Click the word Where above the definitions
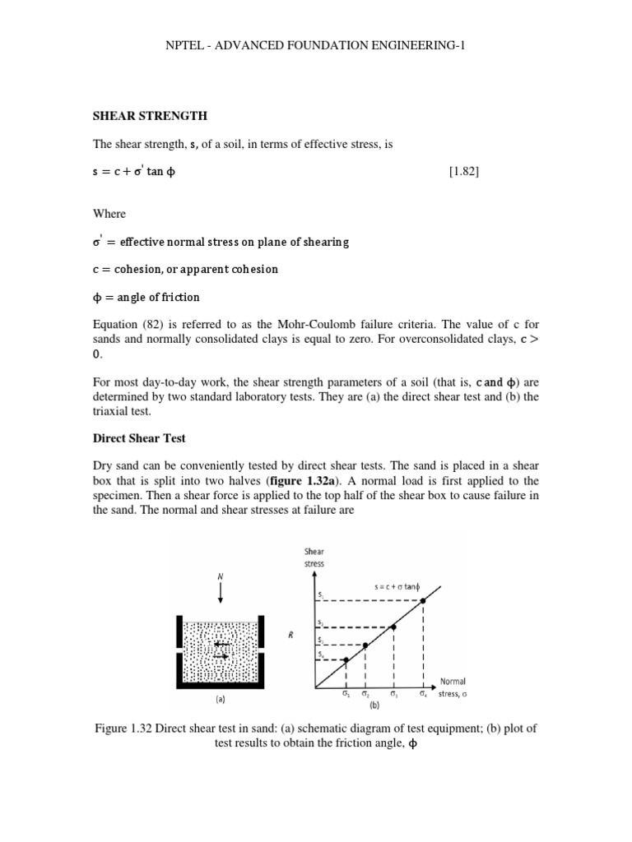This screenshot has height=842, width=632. click(x=109, y=214)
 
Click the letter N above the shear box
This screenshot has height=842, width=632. click(x=221, y=576)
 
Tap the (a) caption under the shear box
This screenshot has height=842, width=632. click(x=219, y=703)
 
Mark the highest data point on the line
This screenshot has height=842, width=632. click(x=423, y=601)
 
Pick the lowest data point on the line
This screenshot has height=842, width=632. click(x=346, y=659)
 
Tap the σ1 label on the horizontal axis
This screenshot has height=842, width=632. click(x=346, y=694)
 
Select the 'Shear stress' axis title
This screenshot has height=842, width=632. click(x=315, y=557)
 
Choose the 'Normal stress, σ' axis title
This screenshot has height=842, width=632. click(x=453, y=687)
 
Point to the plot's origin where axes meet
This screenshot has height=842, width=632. click(x=314, y=687)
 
